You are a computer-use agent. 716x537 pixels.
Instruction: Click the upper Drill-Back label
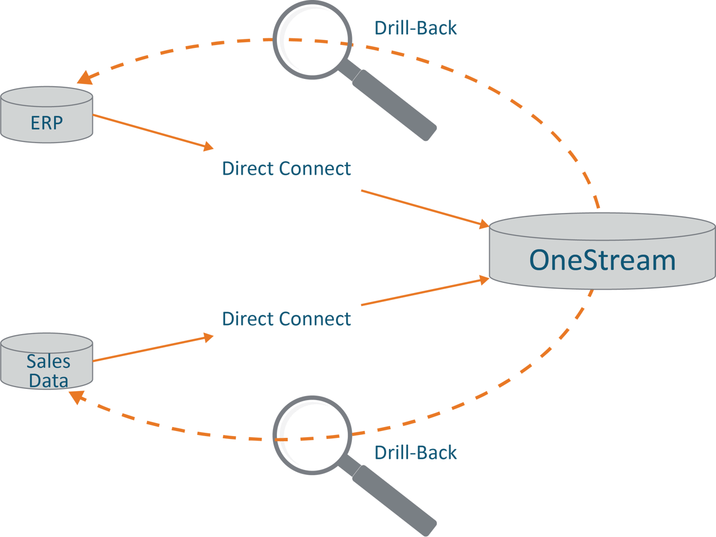(x=415, y=28)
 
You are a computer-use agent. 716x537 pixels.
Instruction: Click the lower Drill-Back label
(x=415, y=452)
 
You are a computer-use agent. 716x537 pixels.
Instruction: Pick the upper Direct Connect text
(x=286, y=168)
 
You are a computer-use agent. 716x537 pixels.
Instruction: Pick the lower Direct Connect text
(x=286, y=319)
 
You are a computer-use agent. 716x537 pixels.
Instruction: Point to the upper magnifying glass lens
(x=312, y=41)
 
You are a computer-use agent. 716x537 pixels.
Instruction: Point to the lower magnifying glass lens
(x=312, y=436)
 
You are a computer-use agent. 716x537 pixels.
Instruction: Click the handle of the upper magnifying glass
(x=394, y=105)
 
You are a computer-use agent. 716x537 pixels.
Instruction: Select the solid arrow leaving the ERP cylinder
(x=152, y=131)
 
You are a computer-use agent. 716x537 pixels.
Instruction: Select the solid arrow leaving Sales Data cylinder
(x=152, y=349)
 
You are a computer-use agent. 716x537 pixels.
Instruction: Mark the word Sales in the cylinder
(x=48, y=361)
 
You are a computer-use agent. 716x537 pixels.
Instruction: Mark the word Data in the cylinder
(x=48, y=380)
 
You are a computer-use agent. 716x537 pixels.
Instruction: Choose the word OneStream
(x=602, y=260)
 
